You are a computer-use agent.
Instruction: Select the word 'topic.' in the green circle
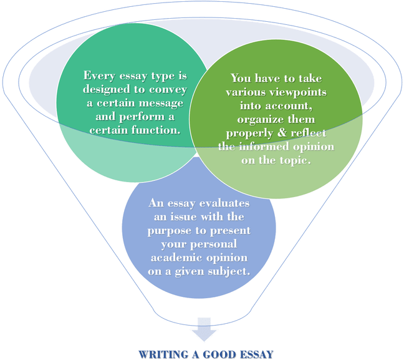(293, 160)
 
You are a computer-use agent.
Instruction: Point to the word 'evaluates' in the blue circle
(225, 205)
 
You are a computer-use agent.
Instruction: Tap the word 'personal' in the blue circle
(216, 245)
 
